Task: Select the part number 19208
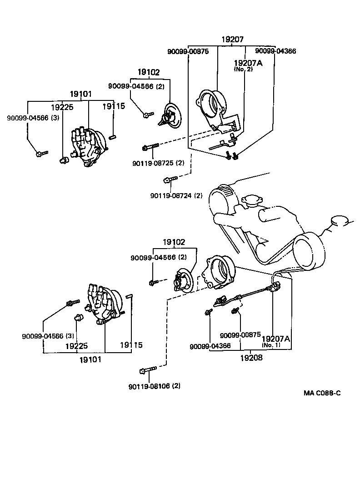pos(252,357)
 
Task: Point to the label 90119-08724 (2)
pos(176,196)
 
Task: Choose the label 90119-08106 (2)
pos(154,386)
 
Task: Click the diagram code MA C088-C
pos(322,393)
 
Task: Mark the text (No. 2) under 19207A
pos(243,70)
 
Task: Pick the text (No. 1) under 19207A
pos(271,344)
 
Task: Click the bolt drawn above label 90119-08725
pos(150,147)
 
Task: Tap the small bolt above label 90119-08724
pos(168,180)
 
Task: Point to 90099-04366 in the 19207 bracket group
pos(275,51)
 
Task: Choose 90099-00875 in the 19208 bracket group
pos(240,335)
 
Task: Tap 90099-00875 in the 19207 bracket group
pos(188,51)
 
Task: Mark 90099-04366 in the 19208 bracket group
pos(210,346)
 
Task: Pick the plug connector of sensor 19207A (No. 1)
pos(275,287)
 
